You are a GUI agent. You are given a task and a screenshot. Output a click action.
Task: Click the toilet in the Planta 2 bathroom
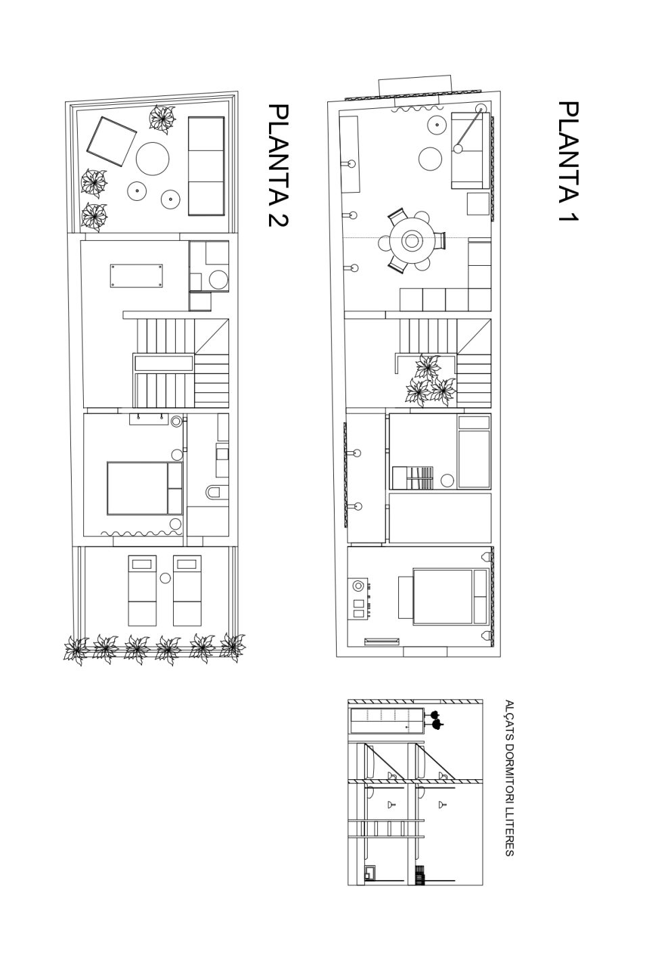pos(217,492)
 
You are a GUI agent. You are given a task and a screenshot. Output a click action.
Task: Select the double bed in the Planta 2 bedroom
pos(145,488)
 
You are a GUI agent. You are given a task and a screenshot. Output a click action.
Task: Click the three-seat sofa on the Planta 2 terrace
pos(206,166)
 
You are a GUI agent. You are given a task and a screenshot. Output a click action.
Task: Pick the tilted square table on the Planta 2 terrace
pos(112,141)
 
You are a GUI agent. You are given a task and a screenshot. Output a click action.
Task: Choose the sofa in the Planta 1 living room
pos(471,150)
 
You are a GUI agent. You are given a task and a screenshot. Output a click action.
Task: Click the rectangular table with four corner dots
pos(137,275)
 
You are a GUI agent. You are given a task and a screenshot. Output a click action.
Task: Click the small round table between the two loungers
pos(165,578)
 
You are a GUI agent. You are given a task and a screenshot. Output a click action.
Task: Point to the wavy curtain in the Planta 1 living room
pos(417,109)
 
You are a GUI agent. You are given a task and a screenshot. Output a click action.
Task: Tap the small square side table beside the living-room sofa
pos(479,204)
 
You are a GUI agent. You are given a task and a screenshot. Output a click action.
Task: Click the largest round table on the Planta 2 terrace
pos(152,159)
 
